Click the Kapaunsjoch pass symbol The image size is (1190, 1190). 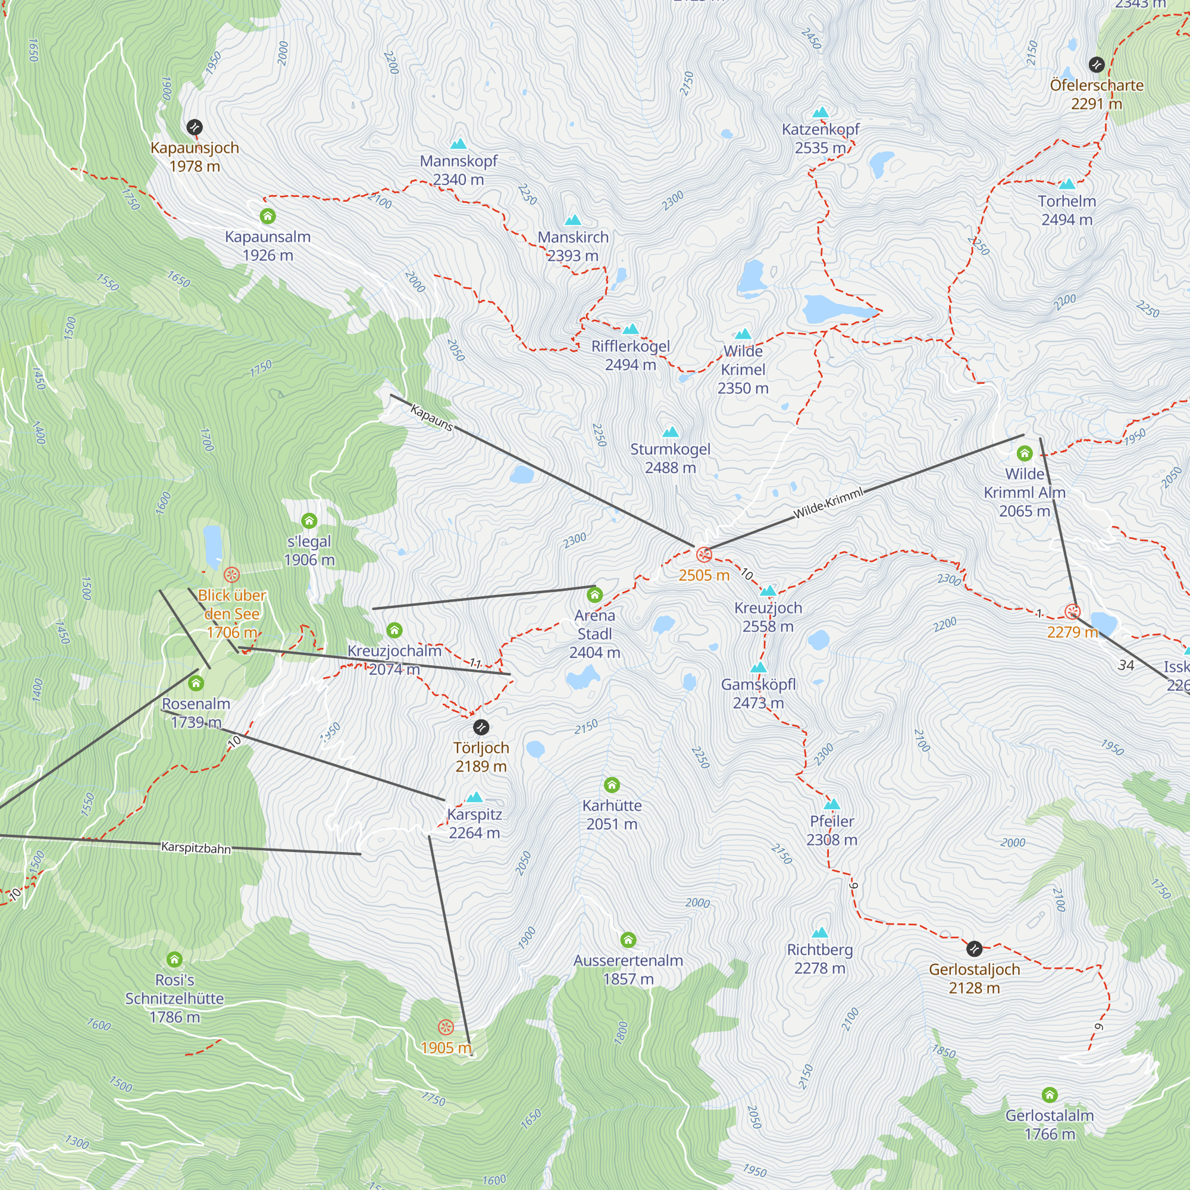coord(195,127)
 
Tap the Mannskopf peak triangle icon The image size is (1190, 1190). coord(458,144)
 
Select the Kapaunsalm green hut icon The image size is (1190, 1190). coord(267,216)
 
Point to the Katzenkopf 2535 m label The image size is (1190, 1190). coord(820,139)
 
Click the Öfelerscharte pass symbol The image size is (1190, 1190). coord(1097,64)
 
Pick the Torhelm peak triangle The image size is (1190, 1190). coord(1067,183)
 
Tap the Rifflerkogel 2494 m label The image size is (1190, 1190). coord(630,355)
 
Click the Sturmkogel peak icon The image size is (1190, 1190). coord(670,432)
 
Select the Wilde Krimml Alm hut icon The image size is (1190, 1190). coord(1025,454)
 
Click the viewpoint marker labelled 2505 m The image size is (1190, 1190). coord(703,555)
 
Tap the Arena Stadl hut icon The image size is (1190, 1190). coord(594,595)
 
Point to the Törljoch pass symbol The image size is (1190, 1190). coord(481,728)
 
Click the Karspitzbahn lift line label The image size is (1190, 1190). coord(196,847)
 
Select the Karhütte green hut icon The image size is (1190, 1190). coord(612,785)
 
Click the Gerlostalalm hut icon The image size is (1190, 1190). coord(1050,1095)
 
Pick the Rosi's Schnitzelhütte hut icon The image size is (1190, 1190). coord(174,959)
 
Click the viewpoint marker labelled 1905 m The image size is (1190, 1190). coord(446,1027)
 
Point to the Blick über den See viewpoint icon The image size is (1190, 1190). coord(231,575)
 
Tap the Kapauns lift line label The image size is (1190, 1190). coord(431,418)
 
